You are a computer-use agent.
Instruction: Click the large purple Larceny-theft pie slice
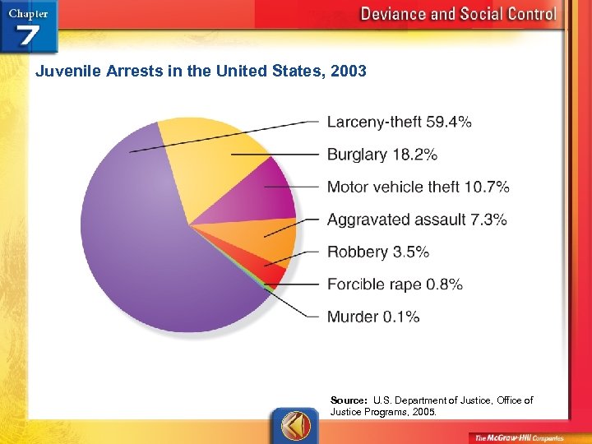(140, 238)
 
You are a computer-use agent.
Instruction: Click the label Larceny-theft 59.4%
(399, 123)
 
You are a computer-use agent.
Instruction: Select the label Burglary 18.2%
(382, 155)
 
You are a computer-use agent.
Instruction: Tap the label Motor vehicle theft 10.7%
(418, 187)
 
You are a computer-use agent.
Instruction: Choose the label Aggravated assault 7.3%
(417, 220)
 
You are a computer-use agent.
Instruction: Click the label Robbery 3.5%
(378, 252)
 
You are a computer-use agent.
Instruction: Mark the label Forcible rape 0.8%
(395, 284)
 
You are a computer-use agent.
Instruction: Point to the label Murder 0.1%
(373, 317)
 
